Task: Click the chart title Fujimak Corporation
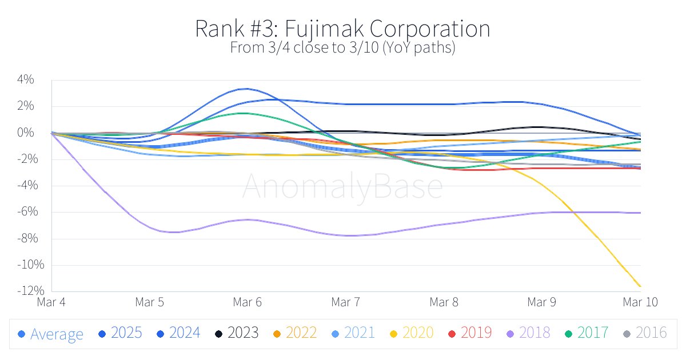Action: tap(342, 29)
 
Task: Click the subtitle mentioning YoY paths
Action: tap(342, 48)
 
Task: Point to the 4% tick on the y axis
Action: tap(26, 80)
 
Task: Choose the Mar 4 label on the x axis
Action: tap(51, 302)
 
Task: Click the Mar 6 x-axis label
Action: tap(248, 302)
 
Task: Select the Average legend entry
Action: tap(50, 334)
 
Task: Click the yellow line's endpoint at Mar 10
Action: tap(640, 286)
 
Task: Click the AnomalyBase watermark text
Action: tap(342, 187)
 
